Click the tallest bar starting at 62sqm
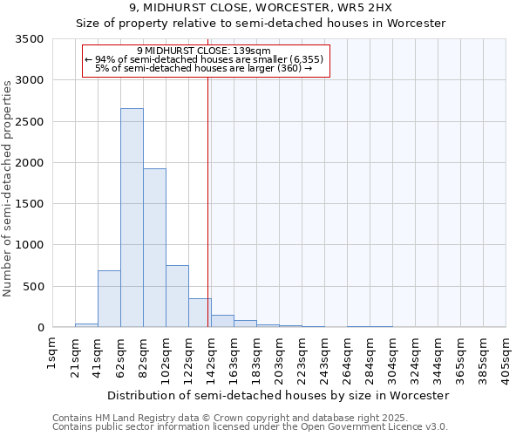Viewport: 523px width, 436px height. (x=132, y=218)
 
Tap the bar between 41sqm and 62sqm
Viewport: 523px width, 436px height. (x=109, y=299)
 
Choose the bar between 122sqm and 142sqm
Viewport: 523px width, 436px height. (x=200, y=313)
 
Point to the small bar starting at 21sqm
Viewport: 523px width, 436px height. (x=86, y=325)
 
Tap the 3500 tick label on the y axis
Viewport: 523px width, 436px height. (x=30, y=39)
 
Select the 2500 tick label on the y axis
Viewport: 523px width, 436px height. (x=30, y=122)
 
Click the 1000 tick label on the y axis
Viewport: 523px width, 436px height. (x=30, y=245)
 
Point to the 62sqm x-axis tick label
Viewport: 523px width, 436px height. (x=120, y=355)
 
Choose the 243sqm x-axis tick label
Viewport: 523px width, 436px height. (x=324, y=355)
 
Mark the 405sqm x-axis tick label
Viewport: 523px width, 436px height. (x=506, y=355)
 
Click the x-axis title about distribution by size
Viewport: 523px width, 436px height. (x=279, y=395)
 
